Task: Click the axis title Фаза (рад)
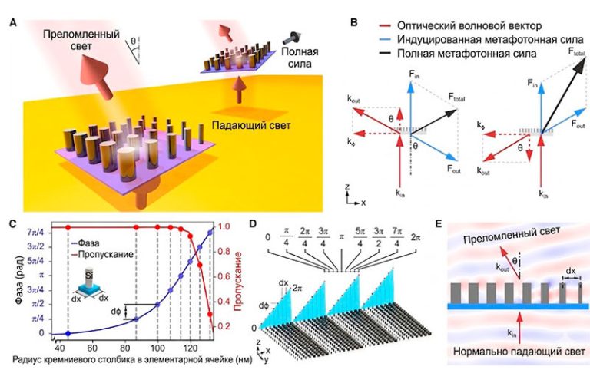11,280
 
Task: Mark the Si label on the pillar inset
92,270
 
